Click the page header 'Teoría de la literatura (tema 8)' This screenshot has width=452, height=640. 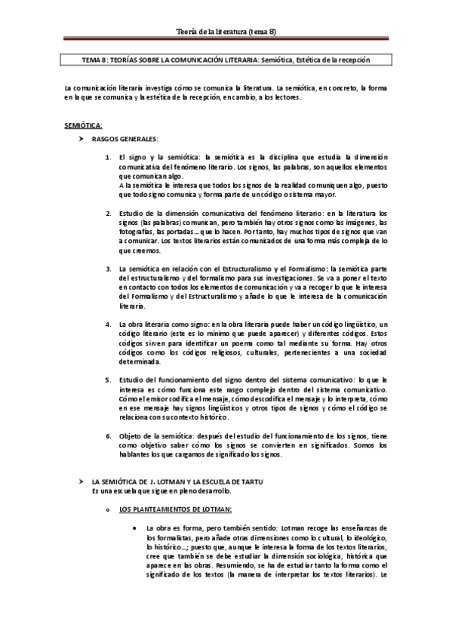[x=226, y=29]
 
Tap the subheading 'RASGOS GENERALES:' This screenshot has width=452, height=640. [x=125, y=139]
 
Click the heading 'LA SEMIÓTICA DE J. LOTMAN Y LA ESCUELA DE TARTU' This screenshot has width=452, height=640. [x=177, y=482]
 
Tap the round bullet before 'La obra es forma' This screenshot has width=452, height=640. [x=133, y=528]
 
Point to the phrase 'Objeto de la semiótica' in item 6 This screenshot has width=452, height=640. [x=155, y=436]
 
